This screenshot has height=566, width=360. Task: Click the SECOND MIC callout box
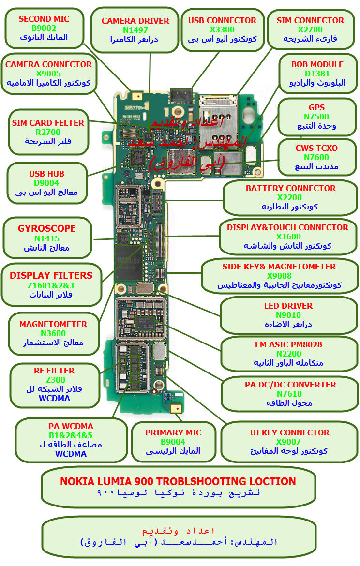[x=44, y=29]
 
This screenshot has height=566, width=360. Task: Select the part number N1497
[x=135, y=30]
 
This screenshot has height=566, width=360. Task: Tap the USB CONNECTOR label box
[x=222, y=30]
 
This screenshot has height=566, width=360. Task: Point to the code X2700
[x=310, y=30]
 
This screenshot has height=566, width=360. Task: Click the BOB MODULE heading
[x=317, y=64]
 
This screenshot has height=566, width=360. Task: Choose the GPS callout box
[x=316, y=117]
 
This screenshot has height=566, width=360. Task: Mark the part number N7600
[x=316, y=157]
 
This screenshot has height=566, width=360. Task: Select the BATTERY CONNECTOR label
[x=290, y=188]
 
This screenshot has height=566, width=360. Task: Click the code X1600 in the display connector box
[x=288, y=237]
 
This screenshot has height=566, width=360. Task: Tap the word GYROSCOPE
[x=47, y=228]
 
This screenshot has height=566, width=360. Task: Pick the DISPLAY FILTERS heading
[x=51, y=275]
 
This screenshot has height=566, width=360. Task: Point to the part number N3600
[x=53, y=333]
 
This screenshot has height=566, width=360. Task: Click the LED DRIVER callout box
[x=288, y=315]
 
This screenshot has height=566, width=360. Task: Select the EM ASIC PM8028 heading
[x=288, y=345]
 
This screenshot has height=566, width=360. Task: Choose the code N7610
[x=289, y=394]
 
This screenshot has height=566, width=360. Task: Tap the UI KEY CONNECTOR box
[x=289, y=442]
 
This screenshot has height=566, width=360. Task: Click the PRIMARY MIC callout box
[x=173, y=442]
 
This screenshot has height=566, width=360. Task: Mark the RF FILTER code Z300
[x=54, y=380]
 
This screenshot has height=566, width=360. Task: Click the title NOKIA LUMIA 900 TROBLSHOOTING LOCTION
[x=178, y=481]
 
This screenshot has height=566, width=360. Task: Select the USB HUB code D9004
[x=46, y=183]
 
